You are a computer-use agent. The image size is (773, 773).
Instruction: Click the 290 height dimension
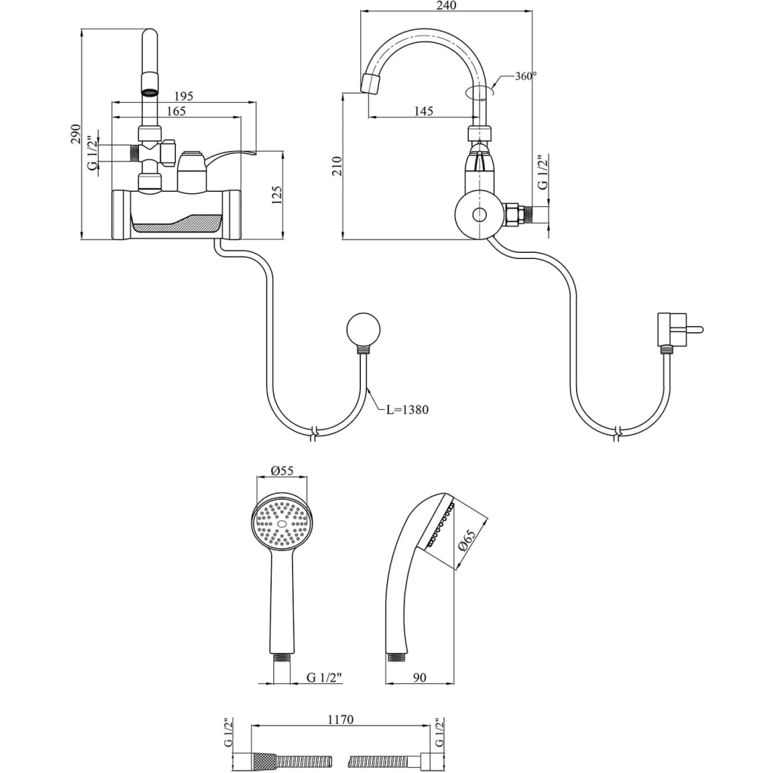point(75,134)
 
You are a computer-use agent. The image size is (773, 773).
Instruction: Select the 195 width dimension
point(183,96)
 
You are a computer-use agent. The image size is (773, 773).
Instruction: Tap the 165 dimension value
point(176,111)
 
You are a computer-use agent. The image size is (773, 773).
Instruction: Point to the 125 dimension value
point(276,196)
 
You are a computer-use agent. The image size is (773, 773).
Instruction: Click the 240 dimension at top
point(447,5)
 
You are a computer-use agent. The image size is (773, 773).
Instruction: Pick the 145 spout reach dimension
point(423,111)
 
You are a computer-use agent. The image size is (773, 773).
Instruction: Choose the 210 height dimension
point(337,166)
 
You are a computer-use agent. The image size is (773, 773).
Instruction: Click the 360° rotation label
point(526,76)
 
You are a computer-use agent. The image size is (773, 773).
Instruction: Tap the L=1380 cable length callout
point(407,409)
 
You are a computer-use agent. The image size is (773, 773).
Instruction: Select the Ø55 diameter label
point(282,471)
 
